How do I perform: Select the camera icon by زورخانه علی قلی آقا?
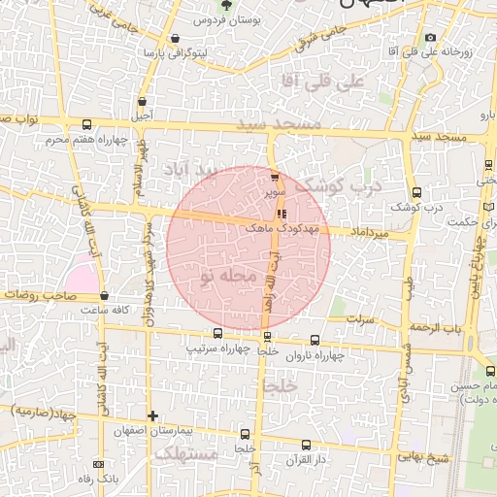click(431, 37)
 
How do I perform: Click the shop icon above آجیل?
click(143, 101)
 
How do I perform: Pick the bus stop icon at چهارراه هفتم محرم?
click(88, 124)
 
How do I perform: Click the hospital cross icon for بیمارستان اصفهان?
click(152, 416)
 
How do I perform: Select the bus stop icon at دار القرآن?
click(306, 445)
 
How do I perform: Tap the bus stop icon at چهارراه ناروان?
click(314, 341)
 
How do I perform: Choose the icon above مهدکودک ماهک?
click(282, 214)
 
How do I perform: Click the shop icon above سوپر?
click(275, 177)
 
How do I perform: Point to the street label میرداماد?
click(370, 234)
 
